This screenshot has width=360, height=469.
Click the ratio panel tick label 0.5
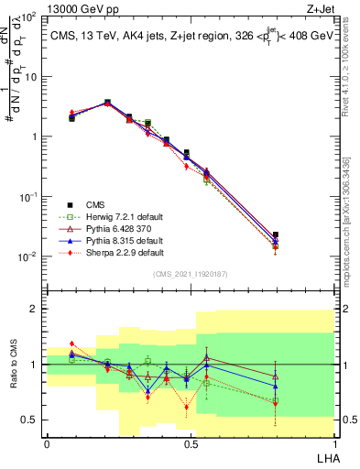point(29,420)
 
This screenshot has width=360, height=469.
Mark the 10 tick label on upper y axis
point(28,77)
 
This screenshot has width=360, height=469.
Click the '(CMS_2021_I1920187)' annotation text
point(191,274)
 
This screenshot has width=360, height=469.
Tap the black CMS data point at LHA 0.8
point(276,235)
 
